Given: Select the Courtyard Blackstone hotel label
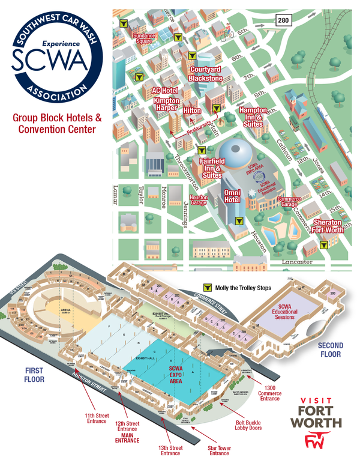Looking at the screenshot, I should coord(206,73).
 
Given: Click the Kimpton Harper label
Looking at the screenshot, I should coord(166,104).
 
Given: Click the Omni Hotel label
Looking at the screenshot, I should coord(232,196).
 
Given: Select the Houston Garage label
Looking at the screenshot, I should coord(199,200).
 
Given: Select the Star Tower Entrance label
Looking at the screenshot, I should coord(221,448).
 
